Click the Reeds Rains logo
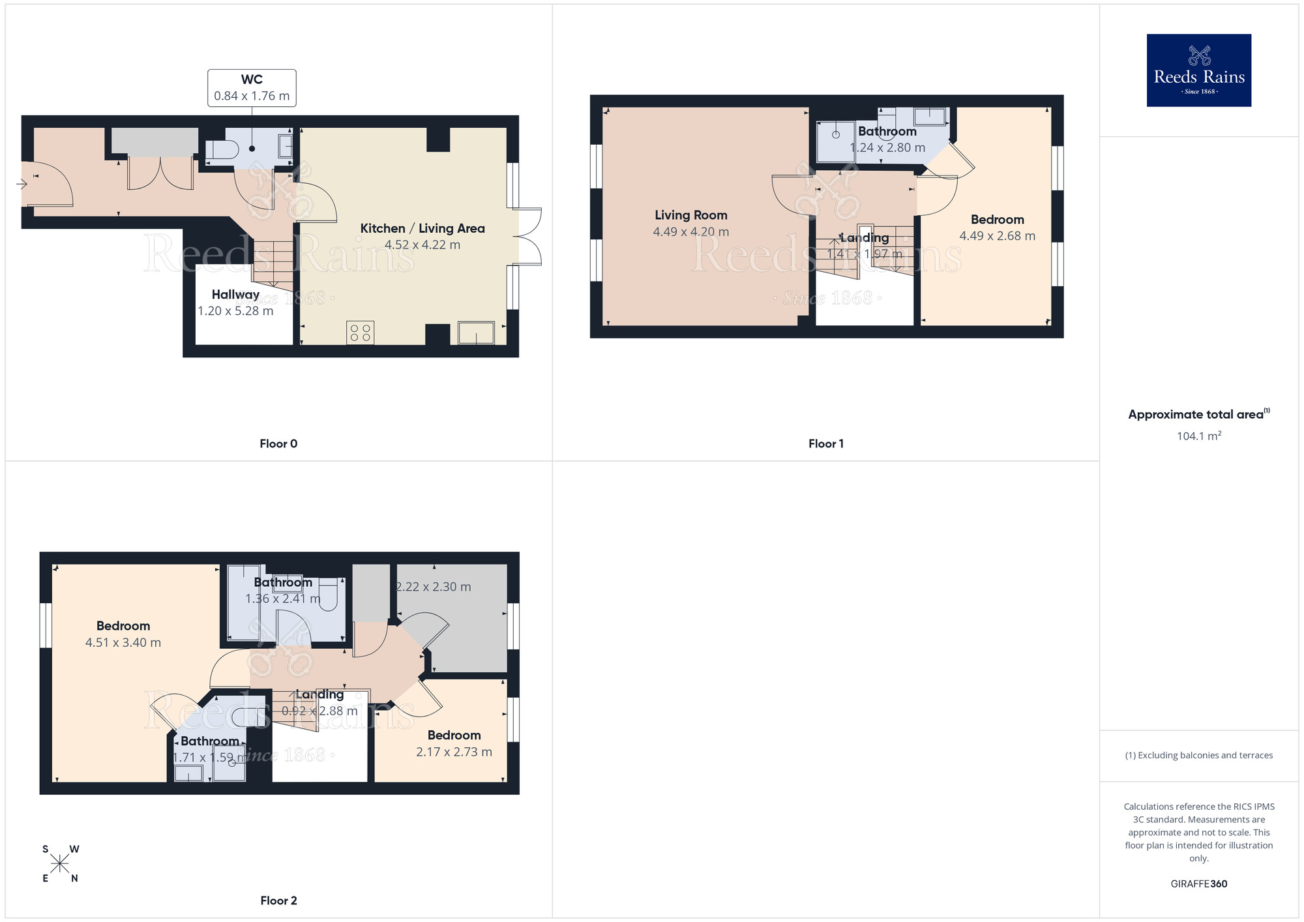tap(1198, 70)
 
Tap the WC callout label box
tap(252, 88)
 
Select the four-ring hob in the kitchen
tap(360, 333)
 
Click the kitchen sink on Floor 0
tap(476, 333)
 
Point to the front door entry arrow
tap(22, 185)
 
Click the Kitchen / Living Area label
tap(422, 228)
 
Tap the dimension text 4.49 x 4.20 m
tap(690, 232)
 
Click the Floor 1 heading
tap(825, 443)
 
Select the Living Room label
tap(690, 215)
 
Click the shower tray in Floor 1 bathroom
tap(836, 140)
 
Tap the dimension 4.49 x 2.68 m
tap(997, 236)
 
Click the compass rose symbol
tap(59, 864)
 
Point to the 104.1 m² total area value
tap(1198, 436)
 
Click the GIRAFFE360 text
tap(1198, 884)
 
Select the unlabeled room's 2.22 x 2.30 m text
tap(434, 587)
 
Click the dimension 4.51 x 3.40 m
tap(123, 643)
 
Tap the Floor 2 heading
tap(278, 900)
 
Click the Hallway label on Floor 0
tap(235, 295)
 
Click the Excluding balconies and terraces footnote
tap(1198, 755)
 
